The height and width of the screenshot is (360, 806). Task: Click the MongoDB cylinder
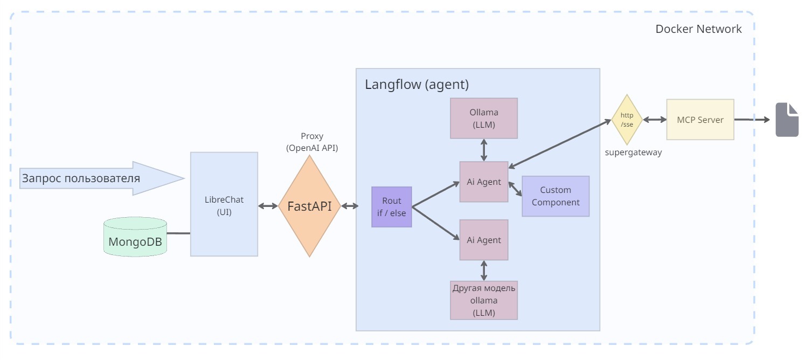tap(135, 237)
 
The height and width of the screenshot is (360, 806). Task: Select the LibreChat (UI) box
tap(224, 204)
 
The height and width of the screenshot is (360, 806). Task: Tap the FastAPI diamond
tap(309, 206)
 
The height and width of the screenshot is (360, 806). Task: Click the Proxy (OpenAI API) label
tap(312, 142)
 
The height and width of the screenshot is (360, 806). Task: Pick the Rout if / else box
tap(392, 207)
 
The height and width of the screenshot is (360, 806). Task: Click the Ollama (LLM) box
tap(484, 119)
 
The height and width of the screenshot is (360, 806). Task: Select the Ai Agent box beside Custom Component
tap(484, 182)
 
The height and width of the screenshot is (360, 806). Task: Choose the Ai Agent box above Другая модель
tap(484, 240)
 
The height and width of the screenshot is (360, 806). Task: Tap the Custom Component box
tap(555, 196)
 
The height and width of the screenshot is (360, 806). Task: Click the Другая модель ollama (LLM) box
tap(484, 300)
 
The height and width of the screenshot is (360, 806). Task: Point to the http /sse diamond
tap(627, 120)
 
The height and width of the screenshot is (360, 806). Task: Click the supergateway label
tap(633, 153)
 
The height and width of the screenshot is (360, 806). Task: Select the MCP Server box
tap(700, 120)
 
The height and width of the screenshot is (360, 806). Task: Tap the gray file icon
tap(787, 120)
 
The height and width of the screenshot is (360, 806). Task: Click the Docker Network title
tap(698, 29)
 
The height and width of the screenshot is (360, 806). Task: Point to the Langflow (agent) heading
tap(417, 85)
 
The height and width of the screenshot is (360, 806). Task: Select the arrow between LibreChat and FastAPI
tap(268, 206)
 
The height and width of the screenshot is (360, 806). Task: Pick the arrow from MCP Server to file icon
tap(752, 120)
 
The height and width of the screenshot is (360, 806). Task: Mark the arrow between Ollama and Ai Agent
tap(484, 150)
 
